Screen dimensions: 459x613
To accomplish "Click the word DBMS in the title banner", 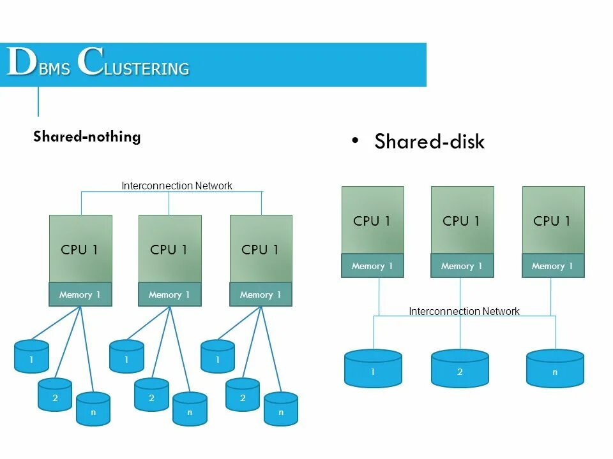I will tap(38, 64).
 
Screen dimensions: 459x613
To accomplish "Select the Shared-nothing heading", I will tap(87, 136).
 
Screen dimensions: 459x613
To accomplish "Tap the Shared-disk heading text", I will tap(429, 142).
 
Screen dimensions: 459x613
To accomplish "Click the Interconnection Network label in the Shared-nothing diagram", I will tap(177, 186).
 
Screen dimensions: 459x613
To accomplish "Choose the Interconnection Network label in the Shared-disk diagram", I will tap(464, 311).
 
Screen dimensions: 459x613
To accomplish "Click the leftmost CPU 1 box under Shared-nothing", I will tap(80, 249).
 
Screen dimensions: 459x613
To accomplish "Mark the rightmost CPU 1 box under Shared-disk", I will tap(553, 220).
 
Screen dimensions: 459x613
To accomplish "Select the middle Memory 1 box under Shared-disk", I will tap(462, 266).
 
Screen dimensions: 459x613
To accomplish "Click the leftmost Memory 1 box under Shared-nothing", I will tap(80, 295).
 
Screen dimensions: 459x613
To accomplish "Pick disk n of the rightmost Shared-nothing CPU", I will tap(281, 409).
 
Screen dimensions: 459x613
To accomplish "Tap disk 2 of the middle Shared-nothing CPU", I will tap(151, 395).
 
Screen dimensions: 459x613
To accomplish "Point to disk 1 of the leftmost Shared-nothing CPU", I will tap(31, 356).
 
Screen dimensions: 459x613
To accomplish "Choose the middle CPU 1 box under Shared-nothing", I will tap(170, 249).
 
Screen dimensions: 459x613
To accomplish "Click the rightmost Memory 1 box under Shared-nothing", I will tap(261, 295).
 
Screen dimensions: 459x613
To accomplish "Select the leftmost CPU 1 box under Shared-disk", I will tap(372, 220).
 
